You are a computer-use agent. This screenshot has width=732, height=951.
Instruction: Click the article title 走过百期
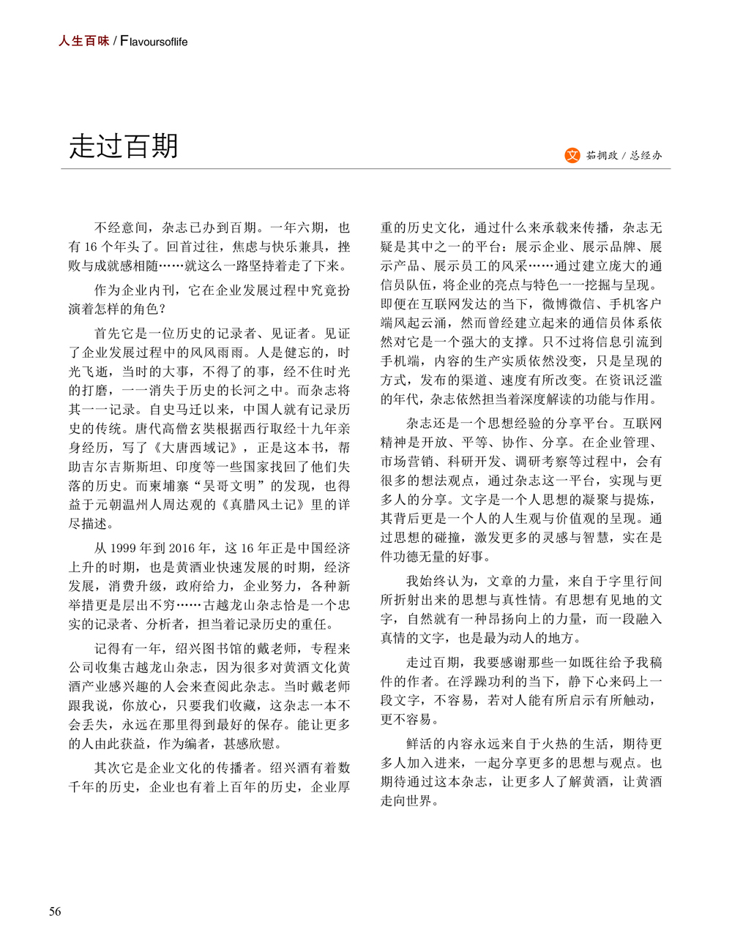[x=124, y=146]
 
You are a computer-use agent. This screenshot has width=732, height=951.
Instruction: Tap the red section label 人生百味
[x=83, y=41]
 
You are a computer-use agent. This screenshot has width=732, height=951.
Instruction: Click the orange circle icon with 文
[x=572, y=155]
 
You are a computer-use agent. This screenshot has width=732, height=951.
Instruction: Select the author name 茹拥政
[x=602, y=156]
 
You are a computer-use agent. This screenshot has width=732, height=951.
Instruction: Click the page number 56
[x=55, y=911]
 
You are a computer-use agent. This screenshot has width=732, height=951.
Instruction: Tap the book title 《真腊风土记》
[x=269, y=505]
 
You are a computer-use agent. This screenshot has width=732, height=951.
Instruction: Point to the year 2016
[x=181, y=548]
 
